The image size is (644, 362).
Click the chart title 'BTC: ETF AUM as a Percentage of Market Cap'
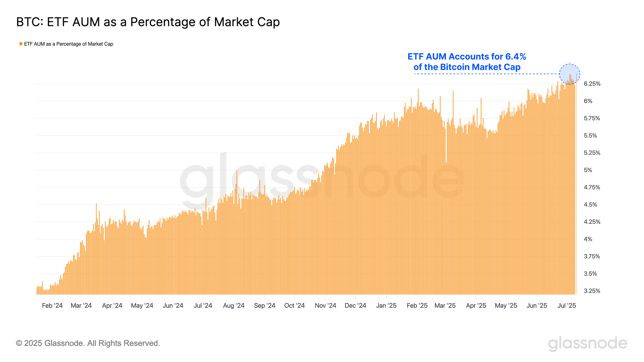pyautogui.click(x=148, y=22)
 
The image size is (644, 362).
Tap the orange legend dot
pyautogui.click(x=21, y=44)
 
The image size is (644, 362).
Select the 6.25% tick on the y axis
pyautogui.click(x=592, y=84)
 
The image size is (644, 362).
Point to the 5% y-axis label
pyautogui.click(x=588, y=170)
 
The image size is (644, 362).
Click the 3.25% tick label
pyautogui.click(x=592, y=291)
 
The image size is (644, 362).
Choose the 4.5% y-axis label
pyautogui.click(x=590, y=205)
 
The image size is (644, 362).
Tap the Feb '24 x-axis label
pyautogui.click(x=52, y=305)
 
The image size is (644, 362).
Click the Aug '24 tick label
pyautogui.click(x=234, y=305)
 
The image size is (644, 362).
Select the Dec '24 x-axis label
pyautogui.click(x=355, y=305)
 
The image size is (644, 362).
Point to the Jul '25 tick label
pyautogui.click(x=567, y=305)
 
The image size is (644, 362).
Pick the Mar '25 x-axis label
pyautogui.click(x=445, y=305)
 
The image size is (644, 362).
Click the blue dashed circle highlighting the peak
pyautogui.click(x=569, y=74)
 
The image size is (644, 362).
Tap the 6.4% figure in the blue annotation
pyautogui.click(x=515, y=57)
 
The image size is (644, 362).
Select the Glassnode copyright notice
pyautogui.click(x=88, y=343)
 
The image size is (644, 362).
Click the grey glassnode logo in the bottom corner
pyautogui.click(x=587, y=343)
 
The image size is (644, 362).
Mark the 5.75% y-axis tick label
pyautogui.click(x=592, y=118)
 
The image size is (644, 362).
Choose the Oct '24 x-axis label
pyautogui.click(x=294, y=305)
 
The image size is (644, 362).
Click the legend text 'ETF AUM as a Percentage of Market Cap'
pyautogui.click(x=69, y=44)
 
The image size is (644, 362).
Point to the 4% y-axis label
pyautogui.click(x=588, y=239)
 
